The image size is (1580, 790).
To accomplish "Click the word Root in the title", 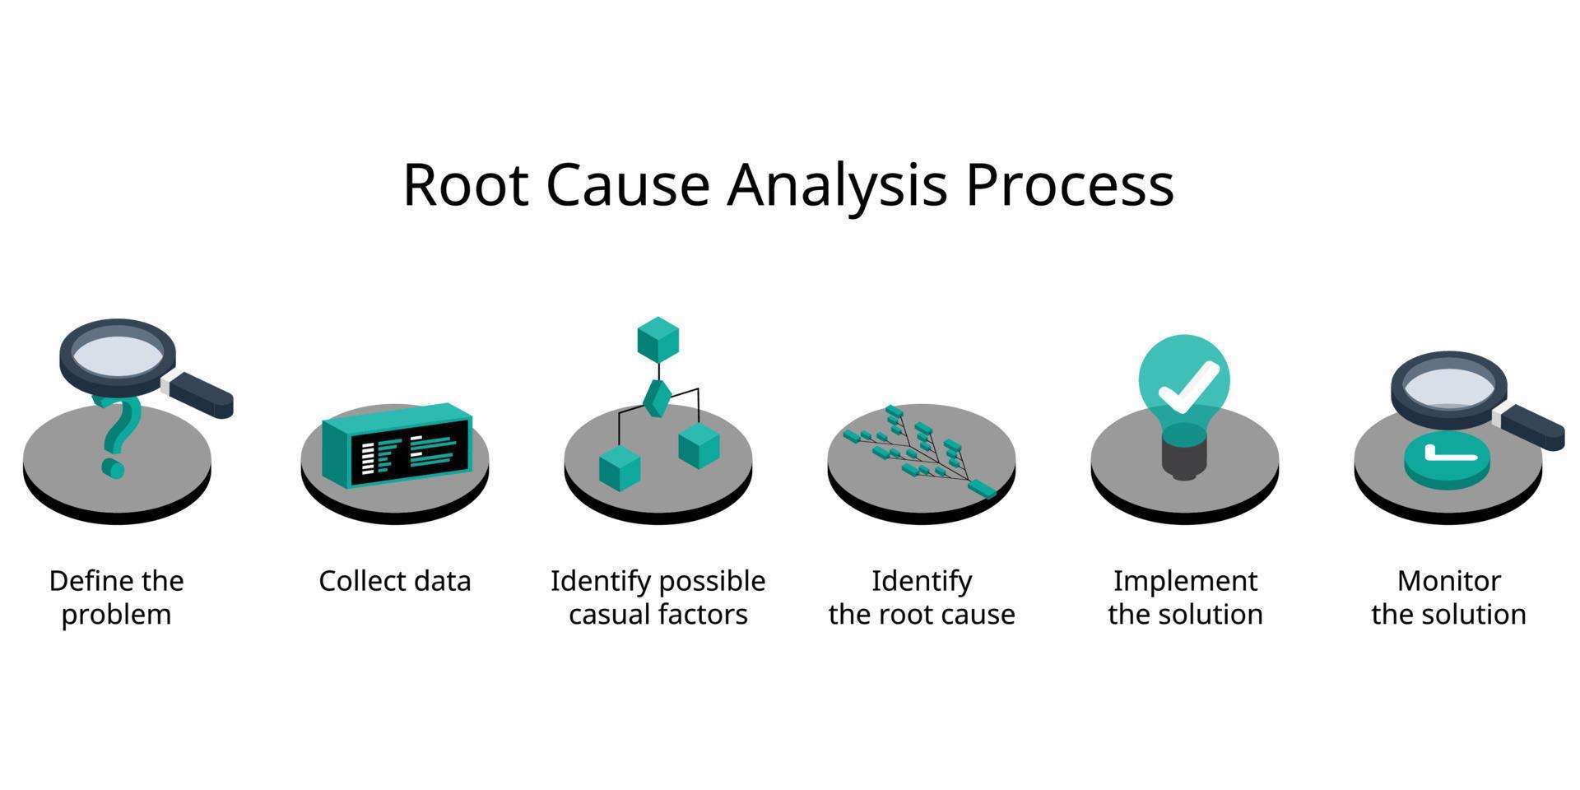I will tap(465, 184).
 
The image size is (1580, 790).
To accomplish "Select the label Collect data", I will tap(394, 581).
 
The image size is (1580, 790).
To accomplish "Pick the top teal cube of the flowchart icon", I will tap(658, 338).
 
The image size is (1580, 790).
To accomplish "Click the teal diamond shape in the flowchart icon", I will tap(657, 397).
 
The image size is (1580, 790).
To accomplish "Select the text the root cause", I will tap(922, 615).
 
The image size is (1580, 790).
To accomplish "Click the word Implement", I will tap(1185, 581).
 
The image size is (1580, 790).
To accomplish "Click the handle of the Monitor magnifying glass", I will tap(1531, 427).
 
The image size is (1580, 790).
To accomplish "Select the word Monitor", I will tap(1448, 581).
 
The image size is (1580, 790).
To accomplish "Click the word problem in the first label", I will tap(116, 615).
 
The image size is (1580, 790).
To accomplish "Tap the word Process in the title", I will tap(1069, 184).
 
